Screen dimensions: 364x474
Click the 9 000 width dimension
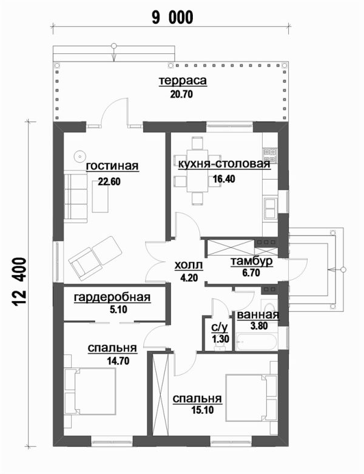(x=172, y=18)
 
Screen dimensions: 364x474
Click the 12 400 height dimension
(x=19, y=282)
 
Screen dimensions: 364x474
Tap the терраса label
(x=183, y=81)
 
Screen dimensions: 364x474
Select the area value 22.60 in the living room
(x=109, y=181)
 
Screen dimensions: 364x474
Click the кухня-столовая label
(x=224, y=164)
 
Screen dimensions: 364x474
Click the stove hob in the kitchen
(x=270, y=155)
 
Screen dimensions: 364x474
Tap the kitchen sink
(x=270, y=208)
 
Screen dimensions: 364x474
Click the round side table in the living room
(x=80, y=156)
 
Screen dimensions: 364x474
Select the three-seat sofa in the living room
(x=75, y=197)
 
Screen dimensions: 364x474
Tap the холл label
(x=189, y=265)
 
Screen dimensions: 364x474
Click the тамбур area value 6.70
(x=251, y=273)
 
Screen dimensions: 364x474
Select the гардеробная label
(x=112, y=297)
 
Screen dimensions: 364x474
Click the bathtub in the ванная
(x=256, y=342)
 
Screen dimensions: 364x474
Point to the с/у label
(x=219, y=327)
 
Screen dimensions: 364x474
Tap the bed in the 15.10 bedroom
(x=251, y=398)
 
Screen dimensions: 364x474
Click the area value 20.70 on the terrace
(x=181, y=94)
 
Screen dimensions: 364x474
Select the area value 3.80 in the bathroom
(x=259, y=326)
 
